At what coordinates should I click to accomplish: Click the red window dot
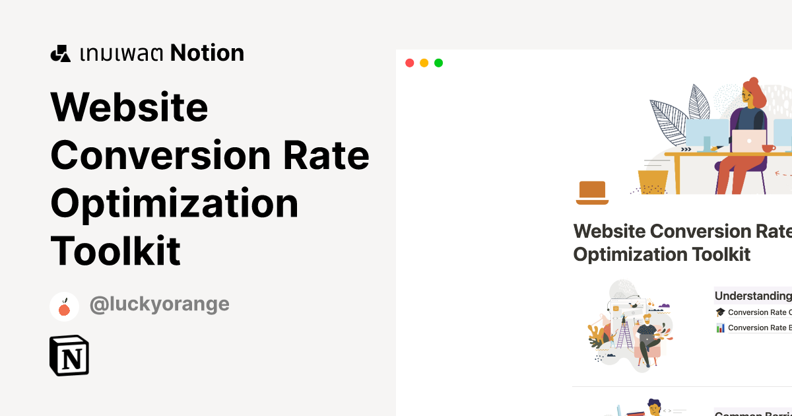pos(409,63)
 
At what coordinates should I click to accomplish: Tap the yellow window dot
pos(424,63)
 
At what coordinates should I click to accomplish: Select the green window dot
pos(438,63)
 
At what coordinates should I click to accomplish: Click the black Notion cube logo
pos(69,356)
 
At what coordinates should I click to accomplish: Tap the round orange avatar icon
pos(64,306)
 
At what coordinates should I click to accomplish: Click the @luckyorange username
pos(159,304)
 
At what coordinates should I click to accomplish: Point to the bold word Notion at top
pos(207,53)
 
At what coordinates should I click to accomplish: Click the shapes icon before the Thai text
pos(61,53)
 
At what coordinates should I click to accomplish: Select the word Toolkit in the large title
pos(115,251)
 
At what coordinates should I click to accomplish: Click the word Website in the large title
pos(129,107)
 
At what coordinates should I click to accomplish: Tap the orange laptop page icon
pos(591,191)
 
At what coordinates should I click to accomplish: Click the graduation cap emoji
pos(720,312)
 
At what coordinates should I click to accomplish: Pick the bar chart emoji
pos(720,328)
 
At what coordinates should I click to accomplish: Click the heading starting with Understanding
pos(753,296)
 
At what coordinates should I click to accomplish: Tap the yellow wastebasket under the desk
pos(653,181)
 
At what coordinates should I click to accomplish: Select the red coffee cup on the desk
pos(768,148)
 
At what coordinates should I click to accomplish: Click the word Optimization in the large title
pos(174,203)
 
